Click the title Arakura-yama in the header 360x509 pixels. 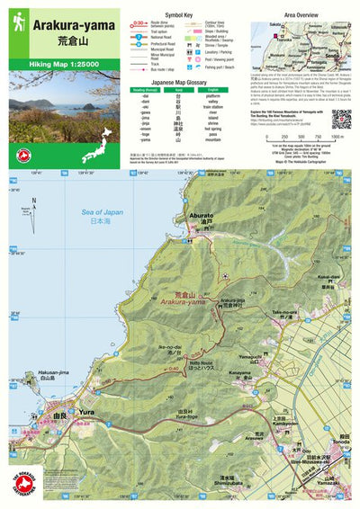tap(72, 27)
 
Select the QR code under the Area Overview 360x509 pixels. tap(340, 119)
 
